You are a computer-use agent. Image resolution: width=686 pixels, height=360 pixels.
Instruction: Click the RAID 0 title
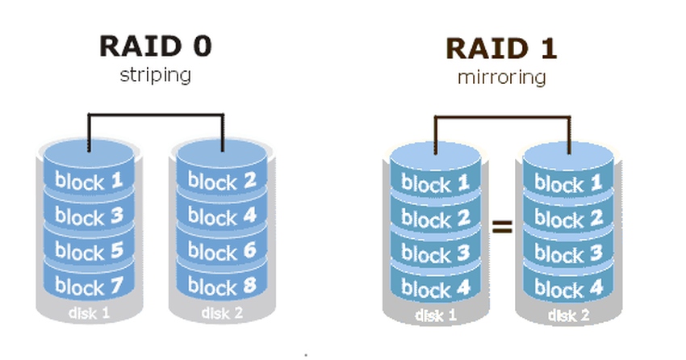click(155, 46)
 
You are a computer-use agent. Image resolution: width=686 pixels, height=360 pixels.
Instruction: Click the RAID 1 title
click(500, 49)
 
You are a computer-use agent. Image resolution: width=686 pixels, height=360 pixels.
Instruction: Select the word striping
click(155, 76)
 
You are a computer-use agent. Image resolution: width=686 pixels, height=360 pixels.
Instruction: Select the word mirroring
click(501, 78)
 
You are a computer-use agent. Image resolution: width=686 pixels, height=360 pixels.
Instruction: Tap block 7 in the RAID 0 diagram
click(90, 287)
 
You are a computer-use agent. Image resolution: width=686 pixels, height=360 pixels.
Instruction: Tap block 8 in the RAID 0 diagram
click(222, 287)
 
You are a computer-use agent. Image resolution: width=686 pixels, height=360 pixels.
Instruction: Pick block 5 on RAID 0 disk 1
click(90, 252)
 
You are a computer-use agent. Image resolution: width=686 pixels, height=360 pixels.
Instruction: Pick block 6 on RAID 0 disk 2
click(222, 252)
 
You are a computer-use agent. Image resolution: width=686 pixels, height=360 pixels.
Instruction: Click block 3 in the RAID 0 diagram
click(90, 216)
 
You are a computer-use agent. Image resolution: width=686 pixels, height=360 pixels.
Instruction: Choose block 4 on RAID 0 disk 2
click(222, 216)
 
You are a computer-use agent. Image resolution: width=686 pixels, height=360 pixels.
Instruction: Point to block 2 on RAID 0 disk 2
click(222, 181)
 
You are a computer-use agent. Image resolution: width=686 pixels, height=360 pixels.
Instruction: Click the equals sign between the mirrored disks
click(503, 227)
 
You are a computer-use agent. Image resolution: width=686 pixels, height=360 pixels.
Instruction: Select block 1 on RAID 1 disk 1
click(435, 184)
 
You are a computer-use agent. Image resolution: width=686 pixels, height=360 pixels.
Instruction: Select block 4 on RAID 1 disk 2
click(569, 289)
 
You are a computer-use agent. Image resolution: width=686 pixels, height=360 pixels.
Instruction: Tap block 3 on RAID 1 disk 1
click(435, 254)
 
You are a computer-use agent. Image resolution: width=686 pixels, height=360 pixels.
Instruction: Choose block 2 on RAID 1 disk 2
click(569, 219)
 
